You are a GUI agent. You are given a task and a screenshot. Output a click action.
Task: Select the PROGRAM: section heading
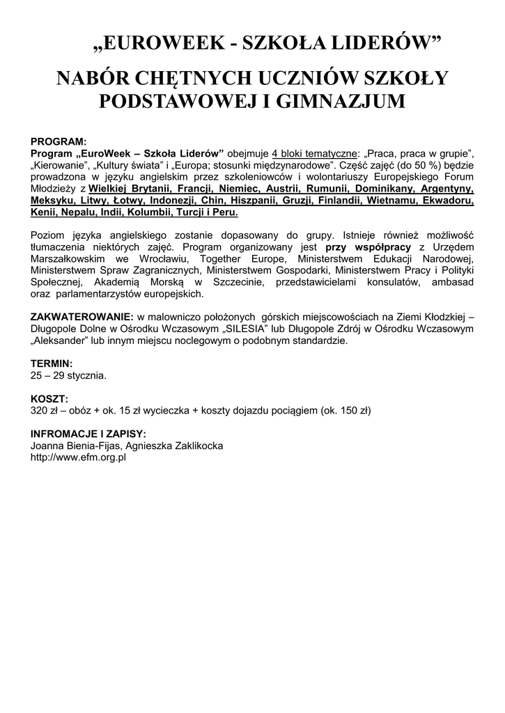pos(59,141)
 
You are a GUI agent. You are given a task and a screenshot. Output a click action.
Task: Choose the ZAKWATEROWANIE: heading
pos(82,318)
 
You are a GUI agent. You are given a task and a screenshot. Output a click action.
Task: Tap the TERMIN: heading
pos(52,364)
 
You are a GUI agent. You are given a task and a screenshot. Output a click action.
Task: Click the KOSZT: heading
pos(49,399)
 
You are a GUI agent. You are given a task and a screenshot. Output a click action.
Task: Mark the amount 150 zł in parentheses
pos(351,411)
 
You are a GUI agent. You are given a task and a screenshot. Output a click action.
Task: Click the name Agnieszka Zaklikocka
pos(174,446)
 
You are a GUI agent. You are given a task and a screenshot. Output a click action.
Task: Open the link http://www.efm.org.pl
pos(78,457)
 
